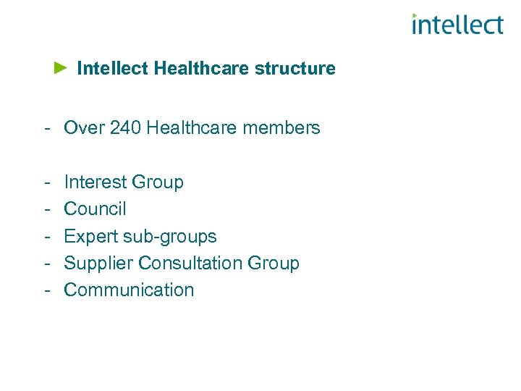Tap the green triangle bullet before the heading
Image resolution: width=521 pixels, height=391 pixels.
pyautogui.click(x=61, y=68)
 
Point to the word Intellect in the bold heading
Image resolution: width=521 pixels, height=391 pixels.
pyautogui.click(x=112, y=69)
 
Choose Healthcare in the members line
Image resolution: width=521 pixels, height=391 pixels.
pyautogui.click(x=192, y=128)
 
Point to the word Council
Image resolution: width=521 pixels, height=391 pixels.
pyautogui.click(x=95, y=209)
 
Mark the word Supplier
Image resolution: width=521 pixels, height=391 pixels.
pyautogui.click(x=98, y=263)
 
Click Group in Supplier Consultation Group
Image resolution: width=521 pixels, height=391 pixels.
pyautogui.click(x=274, y=263)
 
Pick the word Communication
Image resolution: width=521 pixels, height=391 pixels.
pyautogui.click(x=129, y=290)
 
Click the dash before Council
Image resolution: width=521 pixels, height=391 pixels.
pyautogui.click(x=46, y=209)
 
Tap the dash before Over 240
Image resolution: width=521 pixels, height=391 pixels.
pyautogui.click(x=46, y=129)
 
